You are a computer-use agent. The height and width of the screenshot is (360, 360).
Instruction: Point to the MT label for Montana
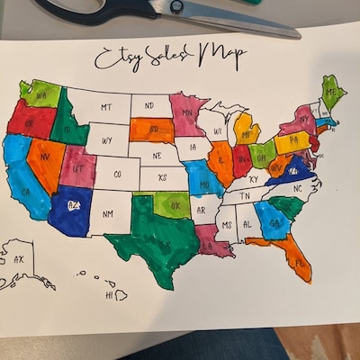[x=106, y=107]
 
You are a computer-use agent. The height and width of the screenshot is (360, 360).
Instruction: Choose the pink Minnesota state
[x=188, y=114]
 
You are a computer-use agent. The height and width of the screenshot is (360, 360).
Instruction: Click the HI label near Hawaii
[x=110, y=293]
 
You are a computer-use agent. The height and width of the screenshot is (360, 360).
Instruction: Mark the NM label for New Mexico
[x=108, y=214]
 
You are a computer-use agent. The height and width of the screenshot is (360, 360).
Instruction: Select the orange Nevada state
[x=45, y=161]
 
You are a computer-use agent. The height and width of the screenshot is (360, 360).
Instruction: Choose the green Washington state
[x=42, y=93]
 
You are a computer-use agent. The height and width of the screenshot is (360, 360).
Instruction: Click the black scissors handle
[x=90, y=10]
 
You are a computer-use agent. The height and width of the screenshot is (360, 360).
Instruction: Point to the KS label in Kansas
[x=163, y=177]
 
